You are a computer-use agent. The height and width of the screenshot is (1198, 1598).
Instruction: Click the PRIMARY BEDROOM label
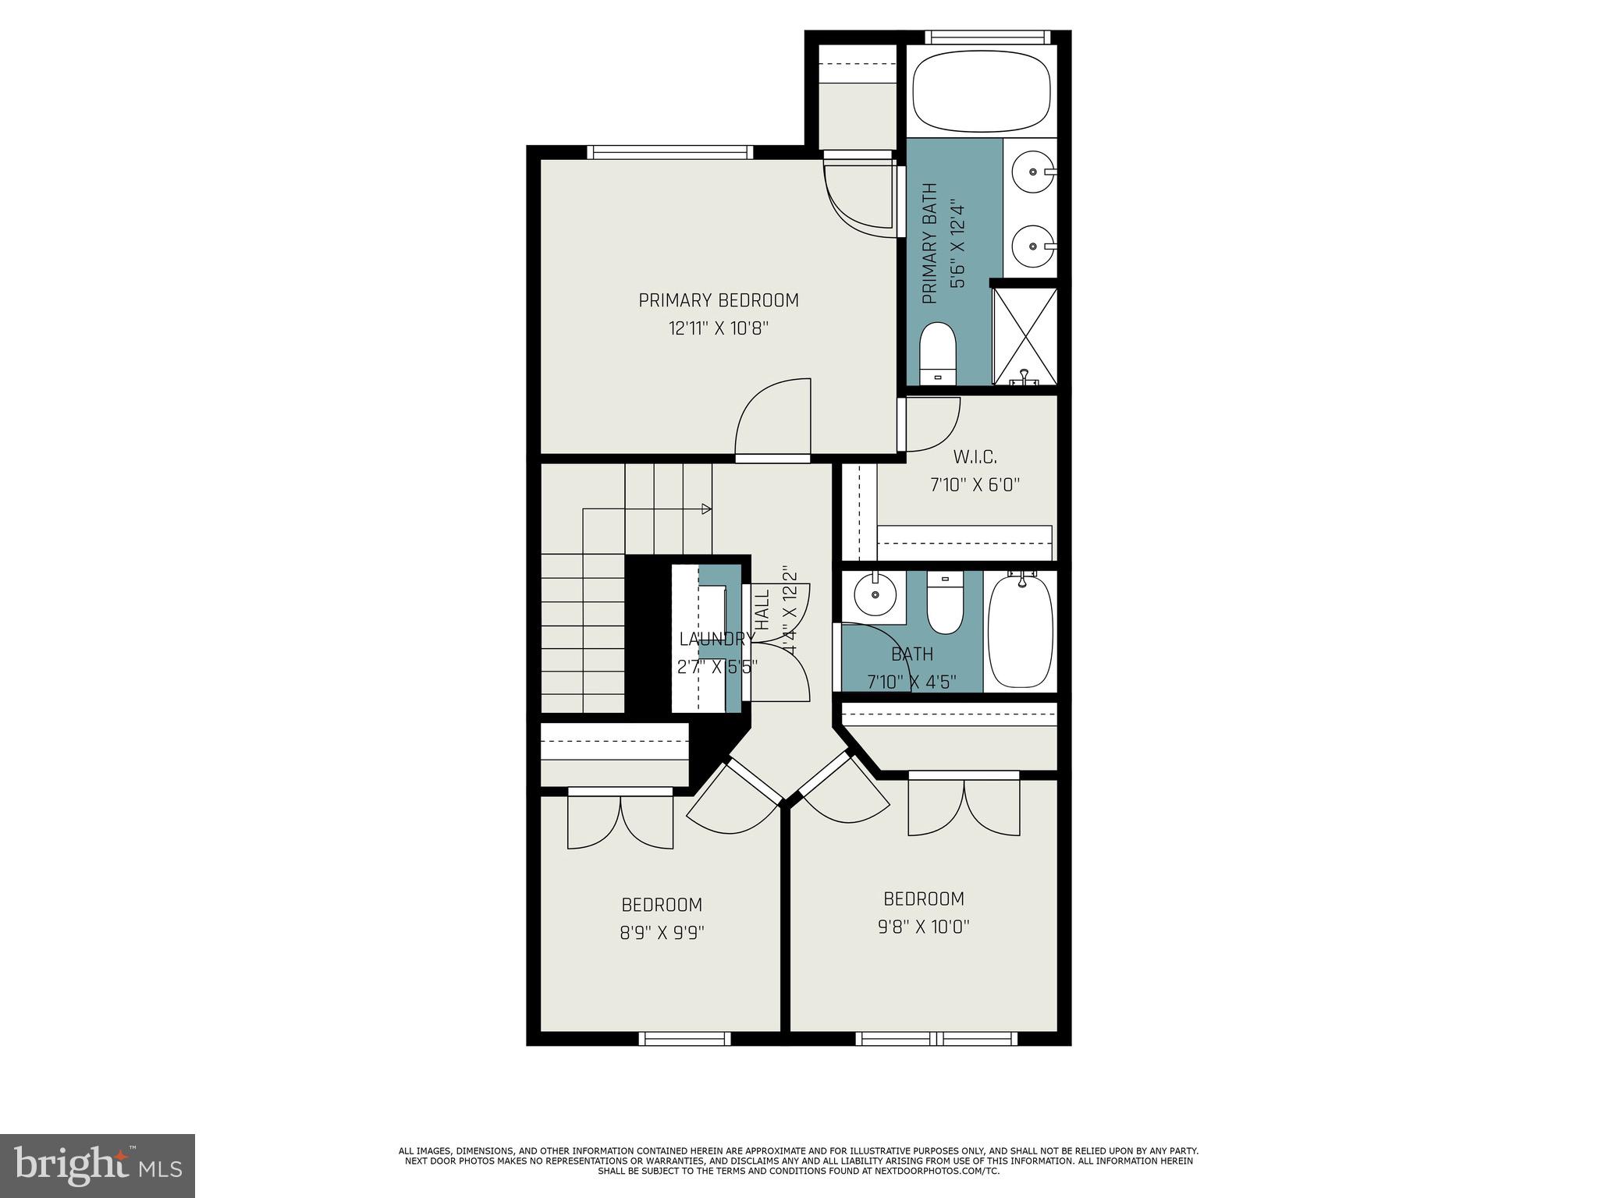click(718, 300)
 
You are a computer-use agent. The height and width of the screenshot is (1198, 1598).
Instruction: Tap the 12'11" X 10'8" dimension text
click(718, 328)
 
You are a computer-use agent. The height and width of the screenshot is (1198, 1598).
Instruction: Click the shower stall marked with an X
click(1024, 336)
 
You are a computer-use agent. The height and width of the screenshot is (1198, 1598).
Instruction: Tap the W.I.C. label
click(975, 456)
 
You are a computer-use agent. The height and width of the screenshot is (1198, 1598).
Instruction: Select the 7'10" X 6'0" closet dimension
click(975, 485)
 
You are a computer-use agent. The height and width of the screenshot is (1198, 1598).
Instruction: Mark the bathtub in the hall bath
click(1021, 631)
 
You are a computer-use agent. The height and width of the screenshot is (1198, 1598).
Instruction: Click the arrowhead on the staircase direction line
click(706, 509)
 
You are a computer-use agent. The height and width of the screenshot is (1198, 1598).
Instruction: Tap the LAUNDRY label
click(716, 640)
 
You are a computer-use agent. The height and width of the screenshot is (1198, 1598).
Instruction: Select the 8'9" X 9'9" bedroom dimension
click(662, 933)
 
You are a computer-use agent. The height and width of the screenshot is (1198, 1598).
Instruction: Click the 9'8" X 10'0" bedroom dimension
click(924, 927)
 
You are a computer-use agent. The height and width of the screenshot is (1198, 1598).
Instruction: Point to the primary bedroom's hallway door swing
click(772, 417)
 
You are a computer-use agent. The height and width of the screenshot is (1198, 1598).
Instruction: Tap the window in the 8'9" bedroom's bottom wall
click(684, 1038)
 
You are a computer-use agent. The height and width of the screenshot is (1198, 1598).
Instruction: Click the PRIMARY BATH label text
click(929, 243)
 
